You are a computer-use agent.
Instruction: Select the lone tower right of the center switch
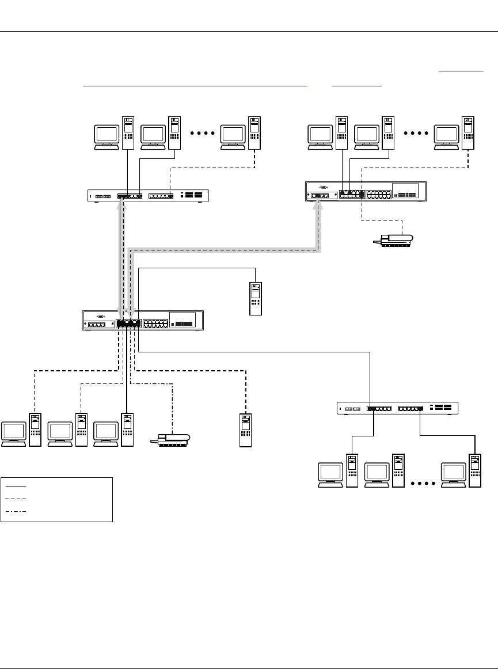[255, 298]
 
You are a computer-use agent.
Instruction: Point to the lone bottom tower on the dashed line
[246, 429]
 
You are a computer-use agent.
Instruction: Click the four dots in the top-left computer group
[202, 133]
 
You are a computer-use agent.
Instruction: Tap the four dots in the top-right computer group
[417, 133]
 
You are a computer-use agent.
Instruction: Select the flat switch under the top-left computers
[148, 196]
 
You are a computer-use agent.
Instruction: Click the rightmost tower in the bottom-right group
[474, 471]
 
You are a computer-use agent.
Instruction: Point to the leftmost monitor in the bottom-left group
[14, 433]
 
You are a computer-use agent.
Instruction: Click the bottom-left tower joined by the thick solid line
[127, 429]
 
